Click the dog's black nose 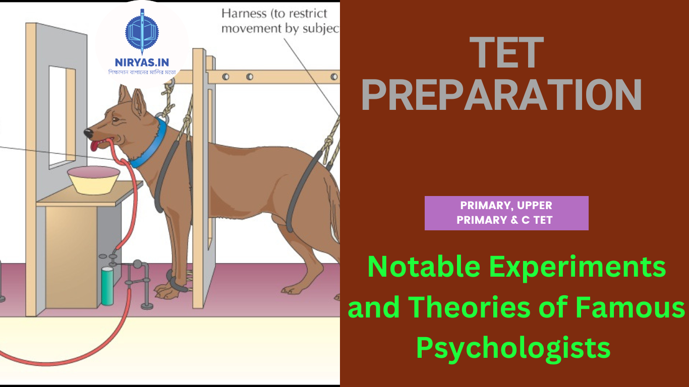coord(88,133)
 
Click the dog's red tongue coord(95,146)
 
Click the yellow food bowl coord(94,180)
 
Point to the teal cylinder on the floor coord(107,286)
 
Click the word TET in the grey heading coord(506,52)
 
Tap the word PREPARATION coord(502,95)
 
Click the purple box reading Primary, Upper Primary coord(506,213)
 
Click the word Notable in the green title coord(424,267)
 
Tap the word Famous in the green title coord(630,307)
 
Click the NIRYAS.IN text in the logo coord(142,62)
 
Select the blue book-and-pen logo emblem coord(142,32)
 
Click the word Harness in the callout coord(244,14)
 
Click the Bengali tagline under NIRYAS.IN coord(142,72)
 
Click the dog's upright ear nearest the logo coord(139,102)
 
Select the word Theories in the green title coord(469,307)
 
